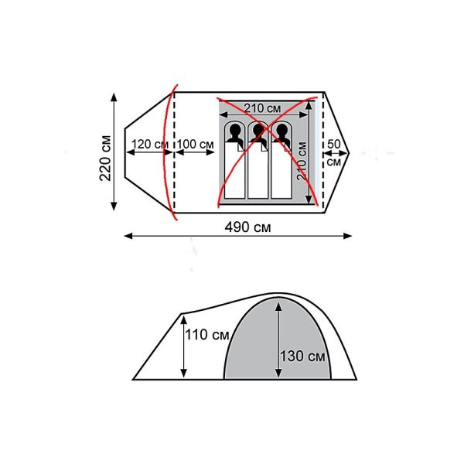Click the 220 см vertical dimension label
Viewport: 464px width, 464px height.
coord(105,152)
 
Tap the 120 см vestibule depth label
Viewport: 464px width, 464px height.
coord(149,144)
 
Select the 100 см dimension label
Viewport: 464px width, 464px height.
coord(196,144)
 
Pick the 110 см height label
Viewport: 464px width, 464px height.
coord(207,335)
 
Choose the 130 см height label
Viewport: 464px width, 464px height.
coord(302,357)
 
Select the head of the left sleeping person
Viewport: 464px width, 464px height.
coord(234,134)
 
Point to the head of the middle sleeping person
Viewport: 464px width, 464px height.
coord(258,134)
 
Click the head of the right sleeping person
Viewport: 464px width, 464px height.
coord(281,134)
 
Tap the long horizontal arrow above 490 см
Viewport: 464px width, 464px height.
coord(236,237)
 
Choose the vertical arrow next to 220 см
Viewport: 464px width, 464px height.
coord(115,151)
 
